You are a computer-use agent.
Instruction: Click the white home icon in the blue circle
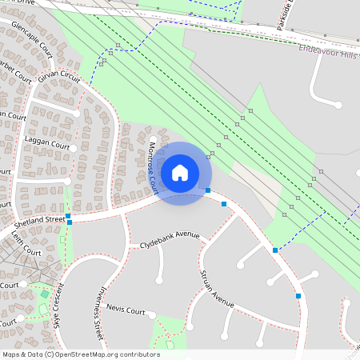[180, 172]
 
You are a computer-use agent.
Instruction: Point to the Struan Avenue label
[217, 290]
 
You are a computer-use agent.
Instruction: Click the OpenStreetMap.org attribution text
[112, 354]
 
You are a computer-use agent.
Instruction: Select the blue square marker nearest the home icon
[208, 190]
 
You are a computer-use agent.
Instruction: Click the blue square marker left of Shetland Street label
[69, 216]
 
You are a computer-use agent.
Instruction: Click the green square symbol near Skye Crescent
[44, 294]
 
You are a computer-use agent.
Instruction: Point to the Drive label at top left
[24, 3]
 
